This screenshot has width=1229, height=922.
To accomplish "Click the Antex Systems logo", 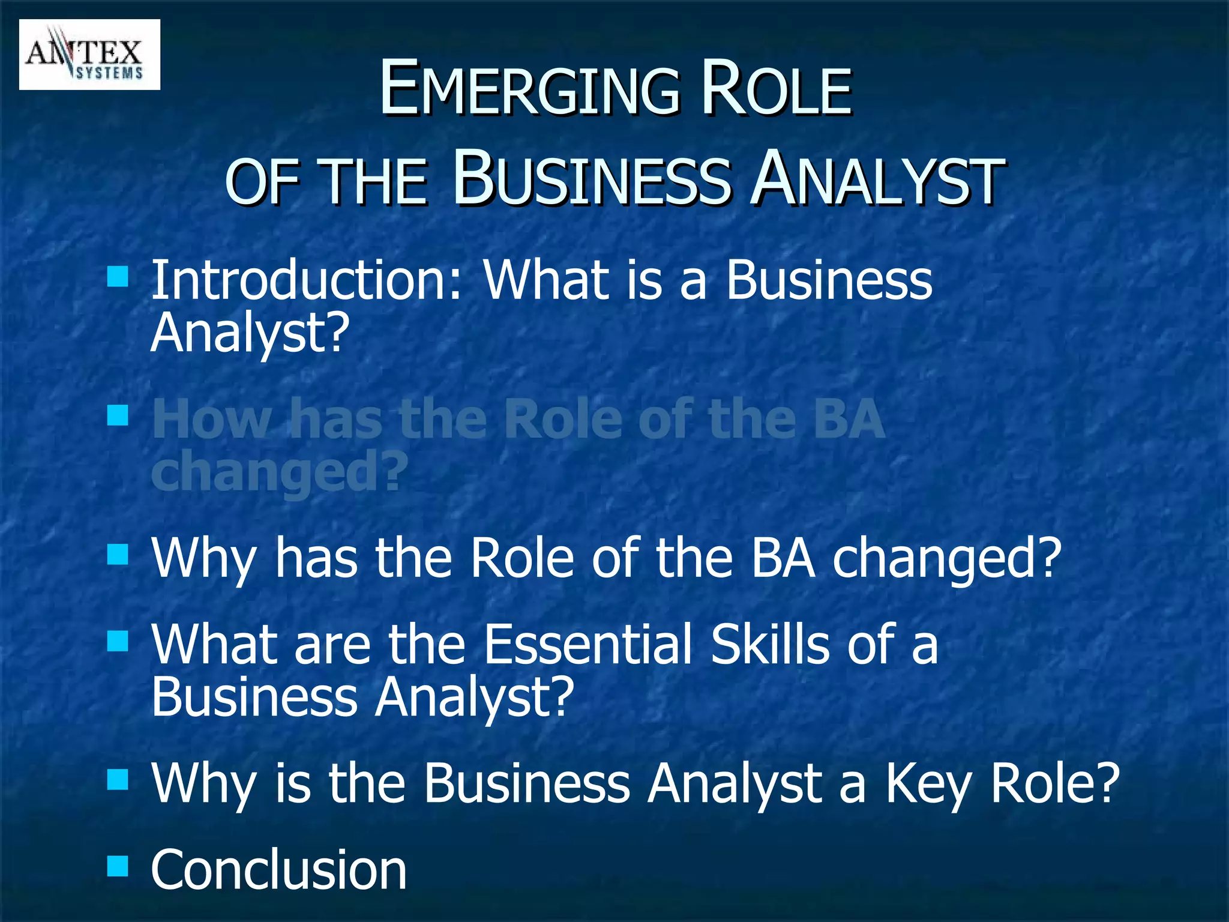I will pos(89,55).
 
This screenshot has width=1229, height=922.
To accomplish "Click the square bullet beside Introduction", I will pos(118,277).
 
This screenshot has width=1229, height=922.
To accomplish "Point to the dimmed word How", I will pos(212,419).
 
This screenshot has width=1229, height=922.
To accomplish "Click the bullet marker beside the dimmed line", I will pos(118,415).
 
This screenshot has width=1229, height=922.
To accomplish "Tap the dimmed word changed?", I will pos(279,472).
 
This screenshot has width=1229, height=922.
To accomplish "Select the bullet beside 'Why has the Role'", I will pos(118,555).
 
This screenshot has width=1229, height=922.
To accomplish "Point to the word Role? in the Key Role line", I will pos(1055,783).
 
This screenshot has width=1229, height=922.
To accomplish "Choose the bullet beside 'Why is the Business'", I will pos(118,780).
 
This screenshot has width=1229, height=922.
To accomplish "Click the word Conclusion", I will pos(278,870).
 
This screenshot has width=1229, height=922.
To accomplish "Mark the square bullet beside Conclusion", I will pos(118,866).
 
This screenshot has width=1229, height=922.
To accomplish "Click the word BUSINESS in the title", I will pos(592,179).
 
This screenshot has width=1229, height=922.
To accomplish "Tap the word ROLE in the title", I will pos(777,90).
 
